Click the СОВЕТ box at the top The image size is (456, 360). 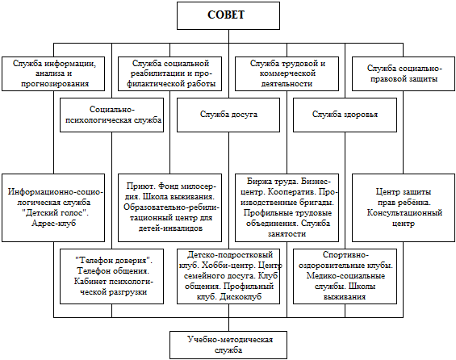(228, 15)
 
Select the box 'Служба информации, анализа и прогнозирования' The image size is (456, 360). (53, 74)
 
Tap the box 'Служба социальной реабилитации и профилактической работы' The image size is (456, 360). (169, 74)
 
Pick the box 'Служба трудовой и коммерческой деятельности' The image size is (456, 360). (287, 74)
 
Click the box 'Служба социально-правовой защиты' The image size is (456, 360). (404, 74)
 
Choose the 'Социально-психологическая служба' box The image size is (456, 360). (111, 115)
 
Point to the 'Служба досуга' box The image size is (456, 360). (228, 115)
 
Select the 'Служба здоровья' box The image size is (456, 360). (345, 115)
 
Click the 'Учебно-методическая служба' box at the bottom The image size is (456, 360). (228, 345)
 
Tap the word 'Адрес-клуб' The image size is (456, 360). (54, 224)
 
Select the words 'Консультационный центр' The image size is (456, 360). (404, 218)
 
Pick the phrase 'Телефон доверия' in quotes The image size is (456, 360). (114, 260)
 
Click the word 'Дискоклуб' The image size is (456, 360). (241, 296)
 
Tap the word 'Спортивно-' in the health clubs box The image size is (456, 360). (345, 255)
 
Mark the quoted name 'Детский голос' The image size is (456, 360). (55, 213)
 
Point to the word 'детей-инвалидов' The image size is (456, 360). (170, 228)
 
